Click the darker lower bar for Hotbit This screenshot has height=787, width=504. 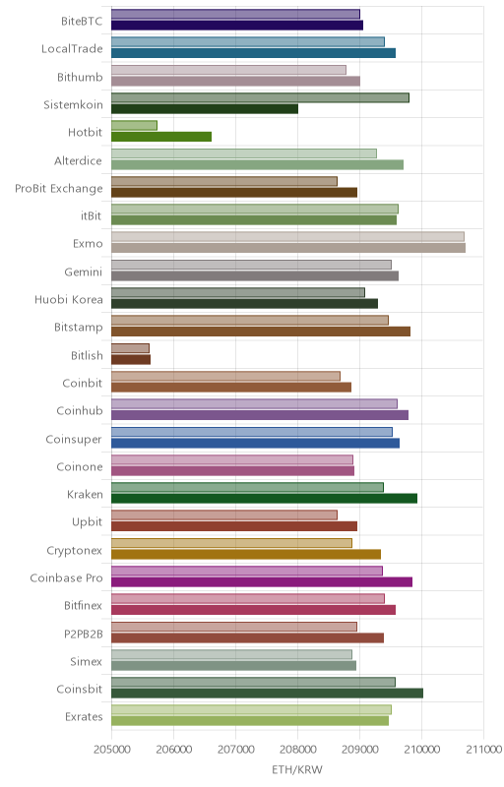tap(161, 137)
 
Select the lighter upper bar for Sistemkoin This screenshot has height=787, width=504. tap(260, 97)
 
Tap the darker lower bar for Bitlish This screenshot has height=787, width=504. tap(131, 359)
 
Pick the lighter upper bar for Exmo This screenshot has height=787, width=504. tap(287, 237)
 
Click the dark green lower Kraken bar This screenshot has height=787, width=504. tap(264, 499)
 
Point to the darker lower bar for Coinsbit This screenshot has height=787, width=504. tap(267, 694)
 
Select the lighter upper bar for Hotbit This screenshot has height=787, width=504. tap(134, 126)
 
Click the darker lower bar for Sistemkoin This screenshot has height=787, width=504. tap(205, 109)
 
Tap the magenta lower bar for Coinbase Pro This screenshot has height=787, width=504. tap(262, 581)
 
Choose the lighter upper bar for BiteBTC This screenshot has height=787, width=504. tap(235, 14)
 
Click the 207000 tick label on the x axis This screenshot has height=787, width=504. tap(235, 750)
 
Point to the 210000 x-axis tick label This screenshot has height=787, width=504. tap(421, 750)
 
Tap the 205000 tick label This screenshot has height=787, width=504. tap(111, 750)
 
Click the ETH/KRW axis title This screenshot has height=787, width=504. tap(297, 770)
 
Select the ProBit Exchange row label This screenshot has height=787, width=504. tap(59, 189)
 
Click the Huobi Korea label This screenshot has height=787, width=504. tap(69, 300)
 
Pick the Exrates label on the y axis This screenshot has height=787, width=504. tap(84, 717)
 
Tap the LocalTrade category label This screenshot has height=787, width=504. tap(72, 49)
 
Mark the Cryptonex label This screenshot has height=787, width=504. tap(74, 551)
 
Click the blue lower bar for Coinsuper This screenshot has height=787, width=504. tap(256, 443)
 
